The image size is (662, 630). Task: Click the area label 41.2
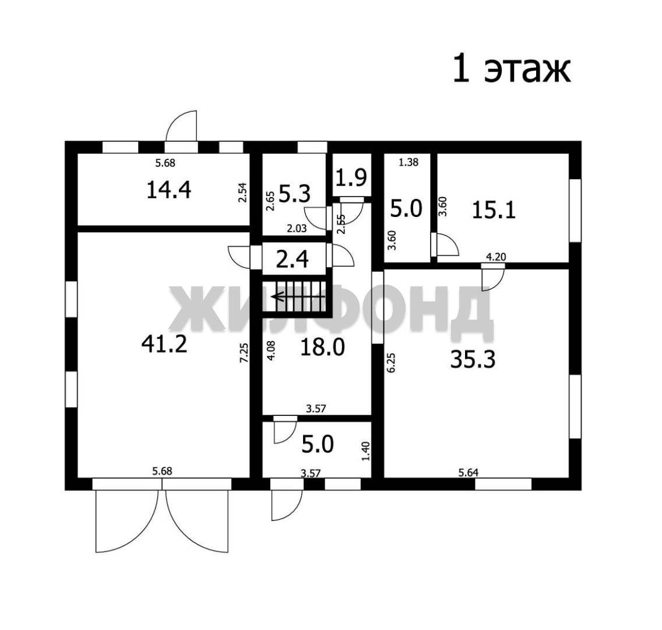[x=164, y=344]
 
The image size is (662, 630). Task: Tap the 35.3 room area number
[x=473, y=360]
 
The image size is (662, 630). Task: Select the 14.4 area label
[x=169, y=190]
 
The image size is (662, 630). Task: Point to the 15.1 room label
[x=494, y=209]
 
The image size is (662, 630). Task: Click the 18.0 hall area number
[x=323, y=347]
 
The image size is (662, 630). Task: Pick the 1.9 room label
[x=351, y=177]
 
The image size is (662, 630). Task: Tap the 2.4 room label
[x=292, y=259]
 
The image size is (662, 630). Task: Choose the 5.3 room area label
[x=295, y=194]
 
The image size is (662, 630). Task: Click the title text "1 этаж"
[x=512, y=68]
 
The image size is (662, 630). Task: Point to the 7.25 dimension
[x=244, y=352]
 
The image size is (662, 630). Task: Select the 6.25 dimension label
[x=391, y=362]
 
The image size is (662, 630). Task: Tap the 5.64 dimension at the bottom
[x=469, y=473]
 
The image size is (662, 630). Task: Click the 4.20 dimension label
[x=496, y=257]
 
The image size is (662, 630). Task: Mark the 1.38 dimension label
[x=409, y=162]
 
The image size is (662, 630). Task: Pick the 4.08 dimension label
[x=272, y=350]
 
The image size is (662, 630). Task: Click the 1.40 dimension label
[x=365, y=452]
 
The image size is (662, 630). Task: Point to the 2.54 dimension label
[x=242, y=192]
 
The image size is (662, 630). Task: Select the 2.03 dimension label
[x=297, y=229]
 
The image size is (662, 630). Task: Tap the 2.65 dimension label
[x=270, y=201]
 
